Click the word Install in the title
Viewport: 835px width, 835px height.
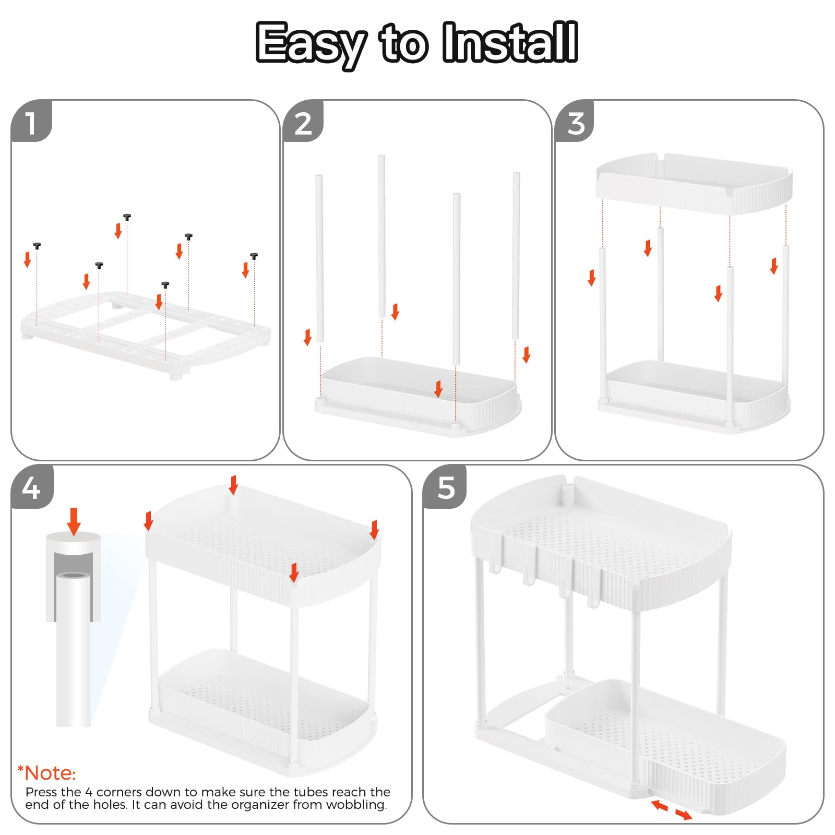[x=510, y=42]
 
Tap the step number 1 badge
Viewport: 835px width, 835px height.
[x=31, y=121]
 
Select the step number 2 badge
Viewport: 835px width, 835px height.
[x=303, y=121]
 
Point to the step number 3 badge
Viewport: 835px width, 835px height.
[x=575, y=121]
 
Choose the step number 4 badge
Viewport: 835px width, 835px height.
[x=32, y=487]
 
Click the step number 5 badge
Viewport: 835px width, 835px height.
[x=445, y=487]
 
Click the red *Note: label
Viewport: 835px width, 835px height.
[x=46, y=773]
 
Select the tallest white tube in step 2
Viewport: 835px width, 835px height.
[x=381, y=236]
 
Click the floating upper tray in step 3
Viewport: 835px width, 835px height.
[x=694, y=183]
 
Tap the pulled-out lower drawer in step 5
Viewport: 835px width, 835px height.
[x=665, y=746]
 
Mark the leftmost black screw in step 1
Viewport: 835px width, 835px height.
[x=37, y=246]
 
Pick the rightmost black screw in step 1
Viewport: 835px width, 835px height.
[x=254, y=256]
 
